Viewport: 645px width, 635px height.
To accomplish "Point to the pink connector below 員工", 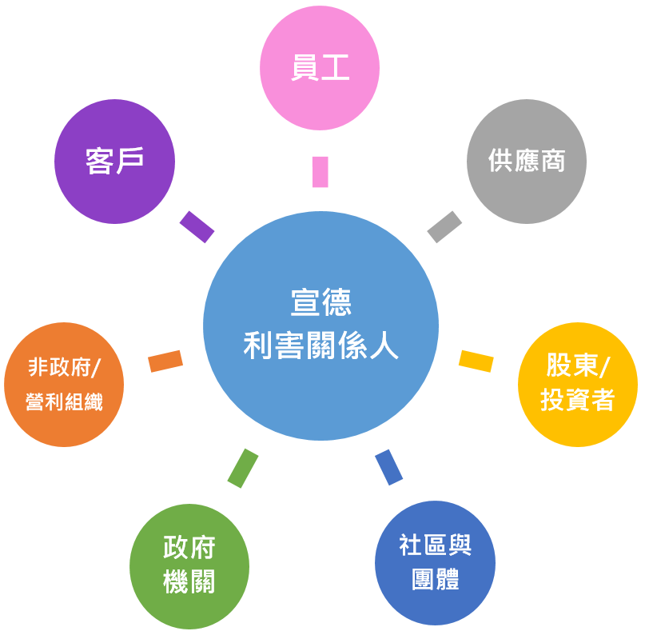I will click(x=321, y=172).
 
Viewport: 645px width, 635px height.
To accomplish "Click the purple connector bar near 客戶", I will click(x=197, y=226).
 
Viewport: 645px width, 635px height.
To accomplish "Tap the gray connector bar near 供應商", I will click(x=444, y=226).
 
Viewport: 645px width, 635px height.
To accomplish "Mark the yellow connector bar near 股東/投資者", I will click(x=476, y=361).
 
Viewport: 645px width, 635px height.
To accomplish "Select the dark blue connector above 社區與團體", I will click(x=388, y=467).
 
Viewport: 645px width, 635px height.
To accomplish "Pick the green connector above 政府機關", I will click(x=243, y=468).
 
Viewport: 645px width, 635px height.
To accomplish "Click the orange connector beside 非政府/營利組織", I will click(x=165, y=361).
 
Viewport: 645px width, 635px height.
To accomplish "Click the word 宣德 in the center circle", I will click(x=321, y=304).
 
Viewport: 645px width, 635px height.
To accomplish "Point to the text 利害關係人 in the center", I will click(x=321, y=345).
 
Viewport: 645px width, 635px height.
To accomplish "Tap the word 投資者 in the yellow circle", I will click(x=577, y=400).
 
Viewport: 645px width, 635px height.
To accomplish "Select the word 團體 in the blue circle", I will click(x=435, y=578).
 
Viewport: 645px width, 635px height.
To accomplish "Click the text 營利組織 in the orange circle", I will click(x=64, y=401).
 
